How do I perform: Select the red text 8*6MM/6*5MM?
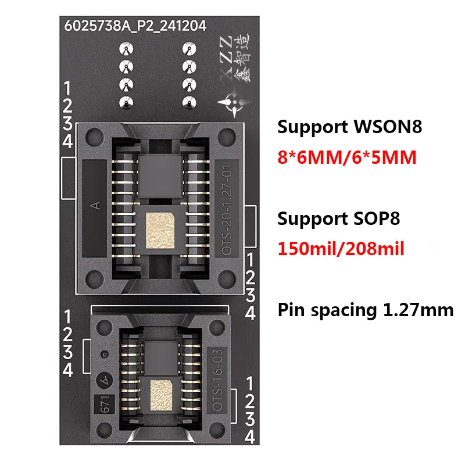[347, 157]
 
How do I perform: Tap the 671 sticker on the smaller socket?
[101, 405]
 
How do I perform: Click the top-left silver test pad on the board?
[124, 48]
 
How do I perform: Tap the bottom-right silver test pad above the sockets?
[187, 102]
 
